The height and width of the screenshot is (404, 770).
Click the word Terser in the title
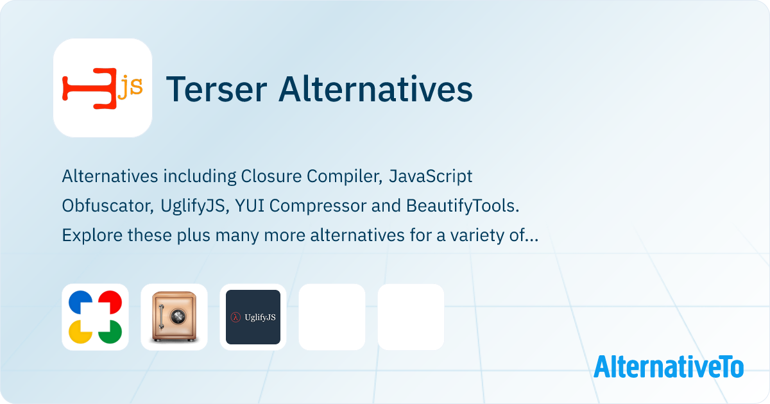coord(217,89)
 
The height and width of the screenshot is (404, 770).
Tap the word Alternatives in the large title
coord(376,88)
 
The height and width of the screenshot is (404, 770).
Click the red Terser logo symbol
coord(89,88)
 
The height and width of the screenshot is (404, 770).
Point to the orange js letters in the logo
coord(130,88)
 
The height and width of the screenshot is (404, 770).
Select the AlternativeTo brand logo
coord(669,367)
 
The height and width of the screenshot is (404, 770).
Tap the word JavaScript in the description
coord(431,177)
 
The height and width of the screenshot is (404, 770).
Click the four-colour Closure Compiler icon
coord(95,317)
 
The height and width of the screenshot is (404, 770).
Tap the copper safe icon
coord(175,317)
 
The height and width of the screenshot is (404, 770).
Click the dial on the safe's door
coord(178,316)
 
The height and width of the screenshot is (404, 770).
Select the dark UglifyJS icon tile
coord(253,317)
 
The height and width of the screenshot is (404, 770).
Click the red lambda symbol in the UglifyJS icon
coord(235,317)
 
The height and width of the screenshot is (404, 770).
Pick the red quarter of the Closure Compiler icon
coord(110,301)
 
